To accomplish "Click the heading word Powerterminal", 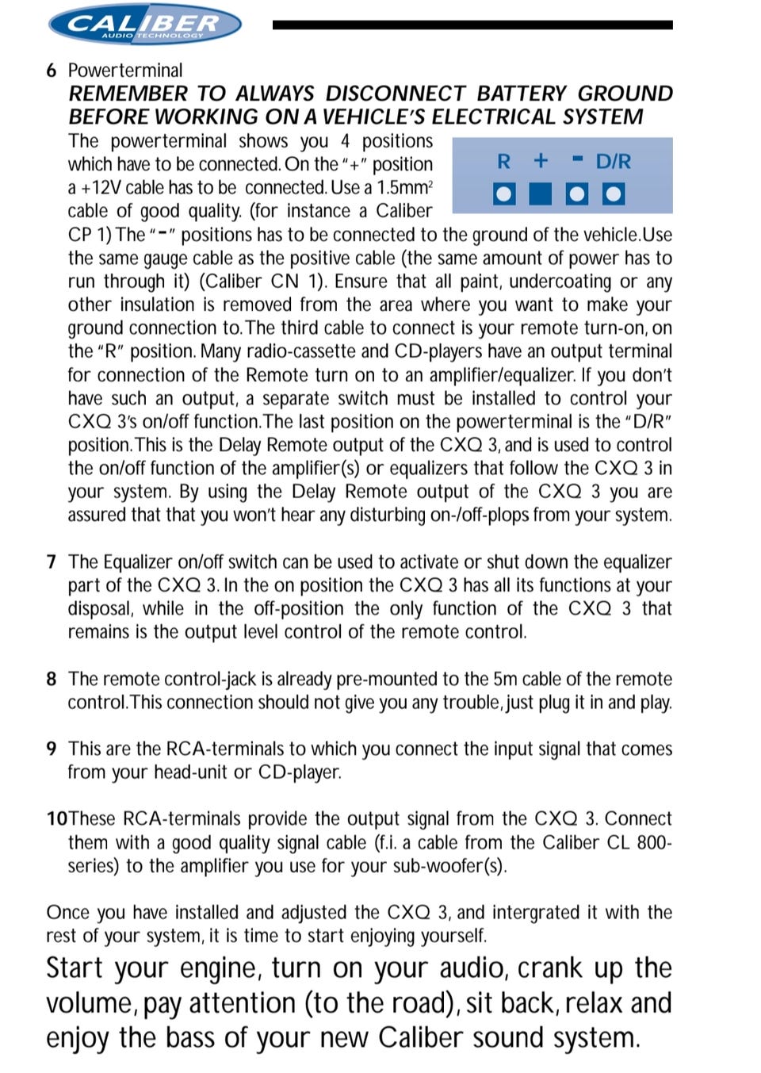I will (125, 71).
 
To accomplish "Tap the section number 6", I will (52, 71).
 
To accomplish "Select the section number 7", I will (52, 562).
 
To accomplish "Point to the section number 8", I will (52, 679).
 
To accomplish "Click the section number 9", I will (52, 749).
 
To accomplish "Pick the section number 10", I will (56, 818).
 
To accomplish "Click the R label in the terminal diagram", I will (503, 162).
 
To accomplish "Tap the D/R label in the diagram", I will (614, 162).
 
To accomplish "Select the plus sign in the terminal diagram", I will (541, 161).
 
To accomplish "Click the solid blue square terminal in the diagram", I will (541, 194).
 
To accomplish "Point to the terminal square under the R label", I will (503, 194).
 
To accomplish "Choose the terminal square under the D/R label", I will (614, 194).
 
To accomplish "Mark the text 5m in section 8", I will (505, 679).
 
